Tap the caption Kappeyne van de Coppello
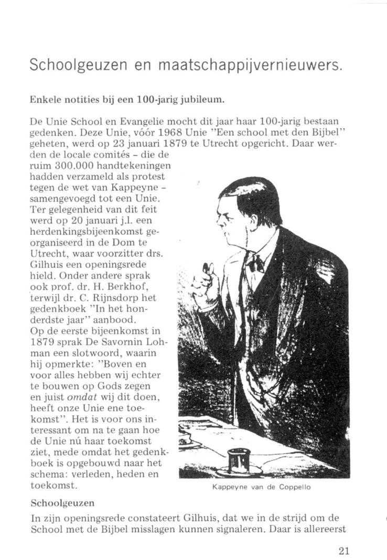[262, 487]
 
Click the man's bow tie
[256, 262]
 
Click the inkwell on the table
[239, 459]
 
